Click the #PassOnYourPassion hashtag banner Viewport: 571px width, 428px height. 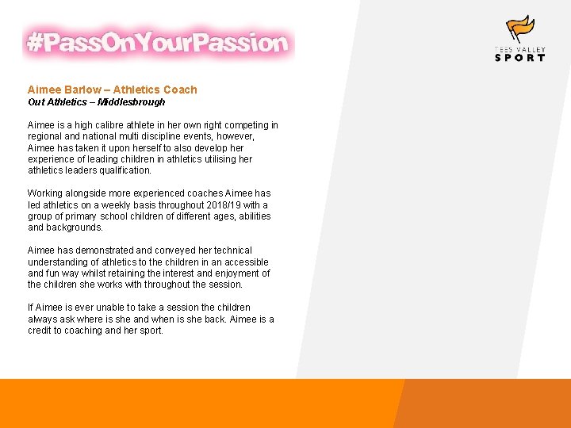pos(158,43)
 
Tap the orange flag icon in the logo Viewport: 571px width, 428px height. pos(520,29)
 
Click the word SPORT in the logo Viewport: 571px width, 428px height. pos(519,57)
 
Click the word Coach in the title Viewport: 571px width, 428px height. pos(180,90)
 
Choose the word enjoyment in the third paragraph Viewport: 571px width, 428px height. pos(232,273)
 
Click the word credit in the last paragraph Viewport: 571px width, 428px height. pos(40,331)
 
